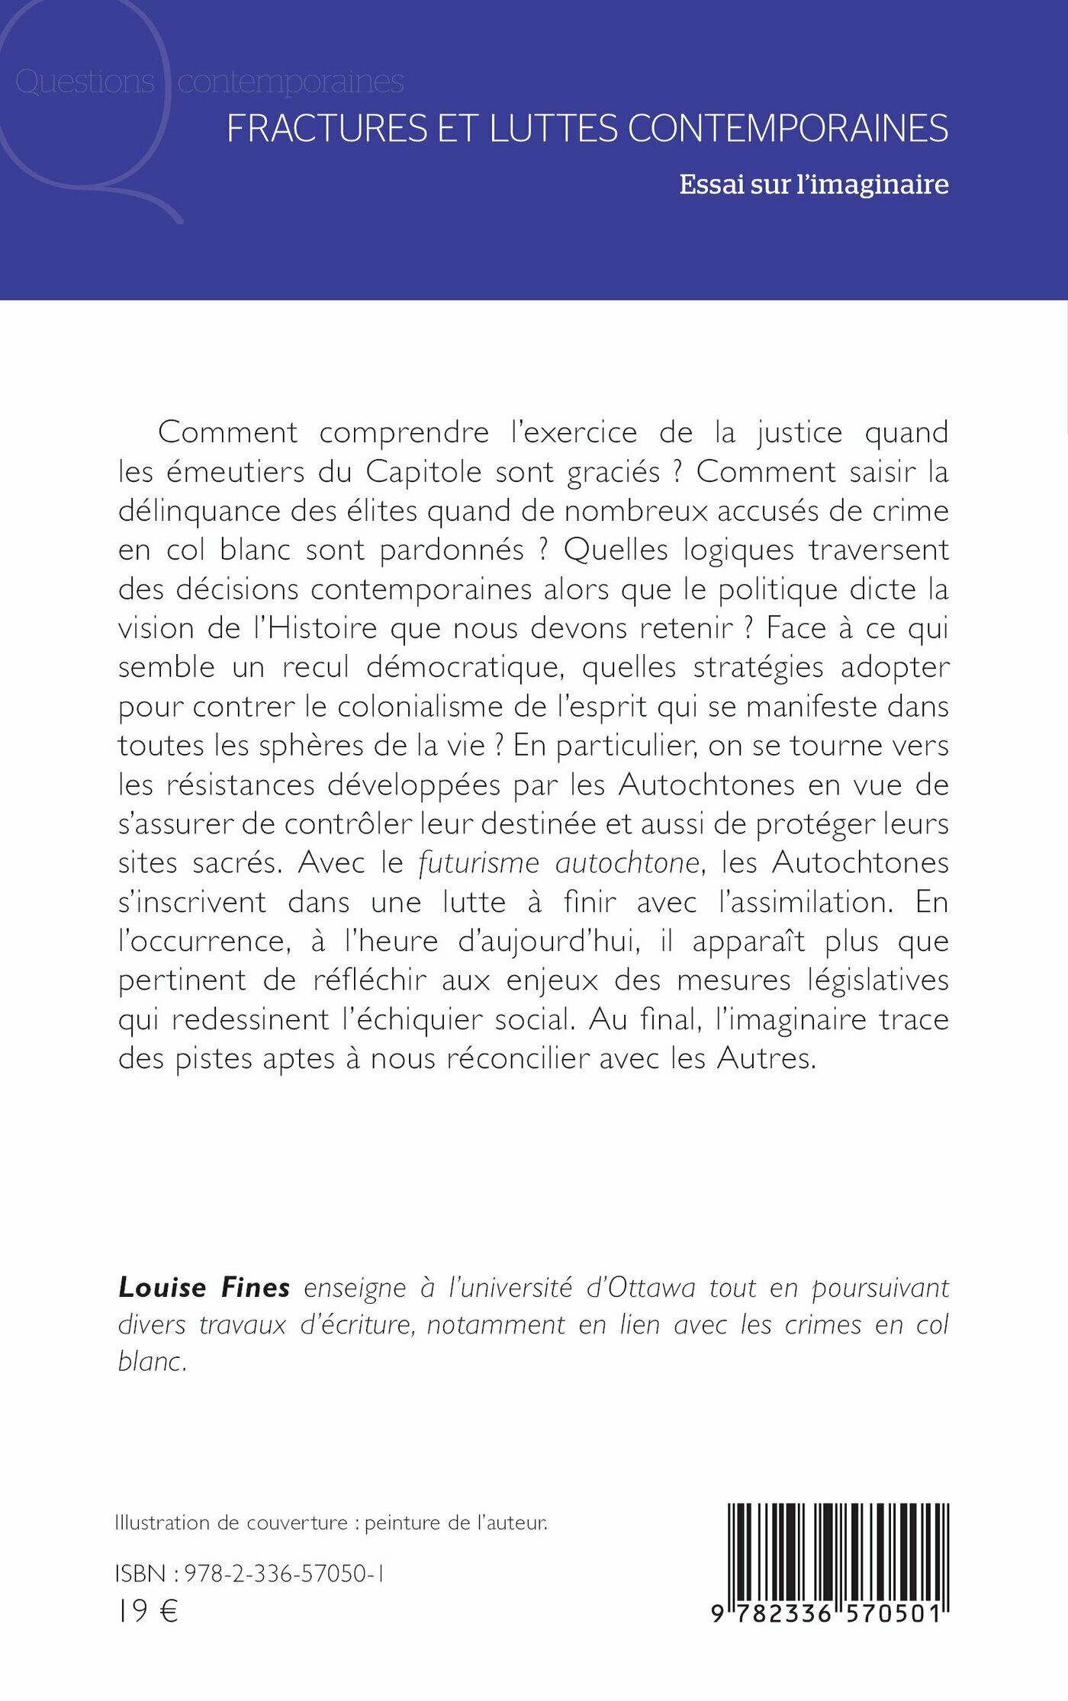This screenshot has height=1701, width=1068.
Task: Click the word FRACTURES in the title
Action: [x=327, y=129]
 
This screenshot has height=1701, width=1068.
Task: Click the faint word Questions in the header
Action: [x=85, y=82]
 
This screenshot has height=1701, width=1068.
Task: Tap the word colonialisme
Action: [x=419, y=707]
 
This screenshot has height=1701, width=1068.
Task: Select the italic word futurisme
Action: [x=478, y=863]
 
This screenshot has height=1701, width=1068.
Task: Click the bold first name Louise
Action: [x=162, y=1288]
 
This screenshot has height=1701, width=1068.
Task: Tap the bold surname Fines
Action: [x=255, y=1288]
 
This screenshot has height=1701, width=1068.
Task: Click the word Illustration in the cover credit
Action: [x=161, y=1523]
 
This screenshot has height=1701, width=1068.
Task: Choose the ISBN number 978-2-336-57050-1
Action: [x=284, y=1574]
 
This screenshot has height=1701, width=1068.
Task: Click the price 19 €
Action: [x=146, y=1611]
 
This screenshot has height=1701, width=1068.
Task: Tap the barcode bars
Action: [x=838, y=1552]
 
